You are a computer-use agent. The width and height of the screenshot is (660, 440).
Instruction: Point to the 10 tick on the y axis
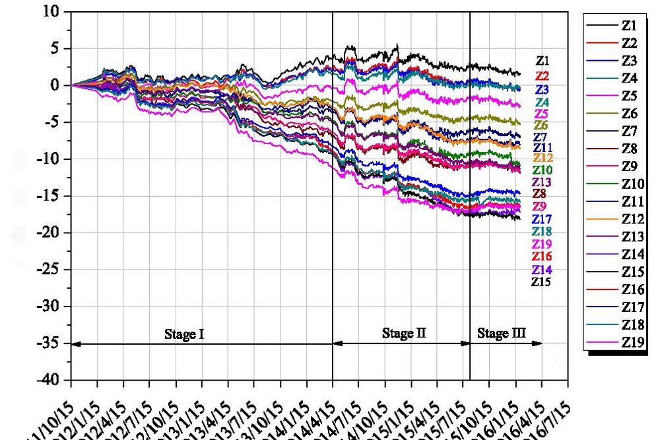(52, 12)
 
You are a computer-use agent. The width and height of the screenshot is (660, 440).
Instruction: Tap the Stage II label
(404, 333)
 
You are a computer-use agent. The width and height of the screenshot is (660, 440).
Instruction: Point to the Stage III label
(502, 333)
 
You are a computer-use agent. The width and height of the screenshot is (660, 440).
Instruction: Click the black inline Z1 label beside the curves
(543, 61)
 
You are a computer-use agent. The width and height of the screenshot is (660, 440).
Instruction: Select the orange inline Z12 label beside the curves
(543, 158)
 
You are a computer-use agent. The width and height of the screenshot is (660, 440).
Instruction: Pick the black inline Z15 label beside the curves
(541, 282)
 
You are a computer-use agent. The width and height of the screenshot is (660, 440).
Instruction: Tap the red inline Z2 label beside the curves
(543, 76)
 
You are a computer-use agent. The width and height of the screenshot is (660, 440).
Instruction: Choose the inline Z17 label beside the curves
(543, 219)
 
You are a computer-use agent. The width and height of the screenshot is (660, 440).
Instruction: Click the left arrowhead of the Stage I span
(75, 344)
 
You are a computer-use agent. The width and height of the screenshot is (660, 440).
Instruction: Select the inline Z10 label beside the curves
(543, 170)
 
